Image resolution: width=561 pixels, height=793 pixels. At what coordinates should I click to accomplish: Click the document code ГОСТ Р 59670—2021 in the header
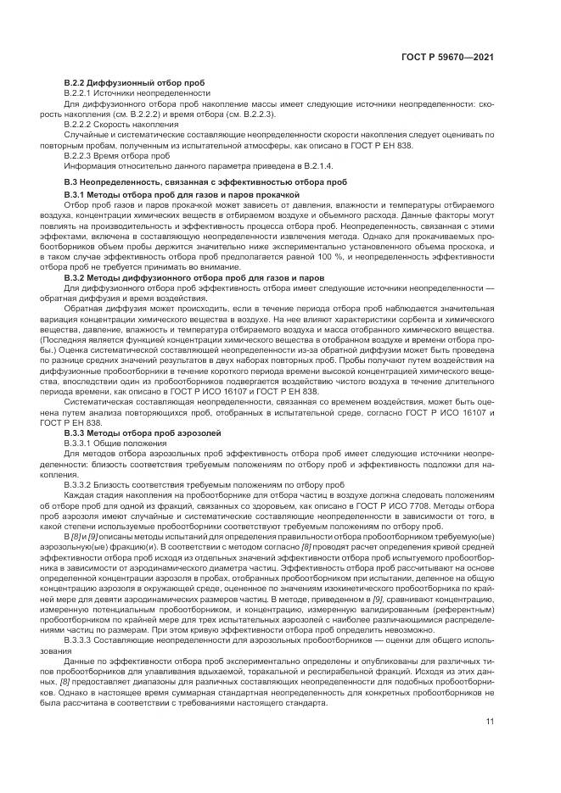click(x=447, y=57)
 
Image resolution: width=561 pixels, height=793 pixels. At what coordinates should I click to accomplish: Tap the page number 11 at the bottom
click(x=490, y=722)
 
